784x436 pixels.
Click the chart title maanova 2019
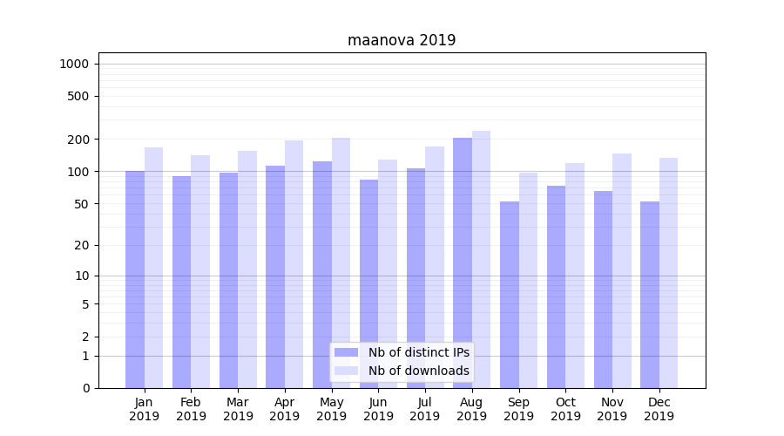402,40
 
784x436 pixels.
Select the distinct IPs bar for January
135,279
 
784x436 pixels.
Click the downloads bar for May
341,262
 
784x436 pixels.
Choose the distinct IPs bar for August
463,262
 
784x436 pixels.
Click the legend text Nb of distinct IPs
419,352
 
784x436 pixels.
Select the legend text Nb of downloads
419,371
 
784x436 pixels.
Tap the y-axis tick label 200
78,140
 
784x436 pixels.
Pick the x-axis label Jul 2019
425,409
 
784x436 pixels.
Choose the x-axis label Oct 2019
565,409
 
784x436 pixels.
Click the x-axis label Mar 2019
238,409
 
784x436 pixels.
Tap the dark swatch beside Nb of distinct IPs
347,352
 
